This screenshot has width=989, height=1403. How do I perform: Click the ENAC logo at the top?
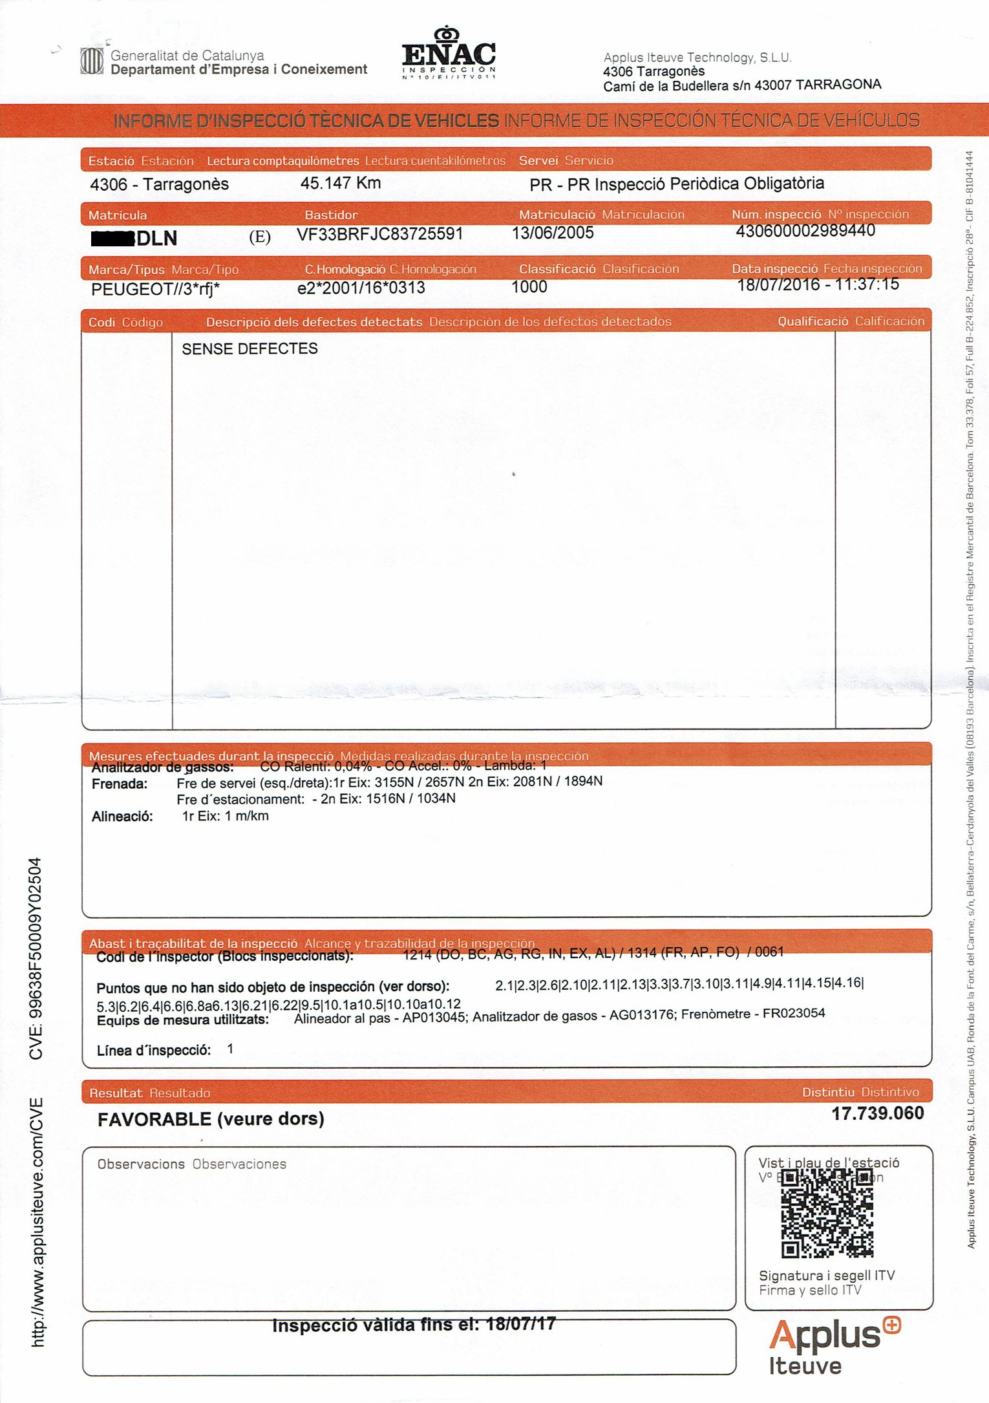(449, 54)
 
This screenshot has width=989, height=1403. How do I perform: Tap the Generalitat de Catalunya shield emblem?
(91, 61)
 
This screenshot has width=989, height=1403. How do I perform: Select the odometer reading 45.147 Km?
(340, 183)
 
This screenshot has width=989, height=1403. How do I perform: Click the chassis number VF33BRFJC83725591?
(379, 234)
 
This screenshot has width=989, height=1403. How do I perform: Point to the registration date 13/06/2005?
(552, 233)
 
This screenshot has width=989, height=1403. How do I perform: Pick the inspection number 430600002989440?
(805, 231)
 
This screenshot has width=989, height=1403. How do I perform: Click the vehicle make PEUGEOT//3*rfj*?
(155, 289)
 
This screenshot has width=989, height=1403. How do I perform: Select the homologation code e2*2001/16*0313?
(361, 288)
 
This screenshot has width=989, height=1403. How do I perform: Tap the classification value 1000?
(529, 286)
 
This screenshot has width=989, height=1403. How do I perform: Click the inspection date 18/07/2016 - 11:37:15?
(818, 284)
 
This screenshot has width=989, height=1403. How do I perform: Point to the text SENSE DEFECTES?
(250, 349)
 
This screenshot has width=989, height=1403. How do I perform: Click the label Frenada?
(120, 784)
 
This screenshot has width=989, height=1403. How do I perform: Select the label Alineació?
(122, 817)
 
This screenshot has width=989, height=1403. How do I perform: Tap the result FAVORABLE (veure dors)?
(211, 1119)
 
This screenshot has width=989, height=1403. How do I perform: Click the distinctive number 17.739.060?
(877, 1113)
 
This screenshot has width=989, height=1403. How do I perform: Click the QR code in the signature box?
(827, 1214)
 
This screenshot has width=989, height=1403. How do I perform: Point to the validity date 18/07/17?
(520, 1323)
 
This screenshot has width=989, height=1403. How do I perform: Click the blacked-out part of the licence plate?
(112, 238)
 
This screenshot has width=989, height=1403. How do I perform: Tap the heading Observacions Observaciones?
(191, 1164)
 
